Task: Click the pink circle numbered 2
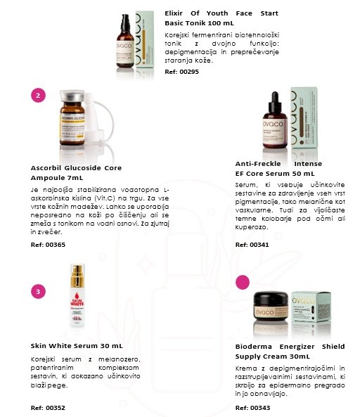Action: click(x=38, y=95)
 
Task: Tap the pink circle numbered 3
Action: click(x=38, y=291)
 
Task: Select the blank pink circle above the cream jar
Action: click(x=243, y=282)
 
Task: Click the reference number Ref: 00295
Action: click(x=181, y=72)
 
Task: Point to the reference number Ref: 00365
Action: click(x=48, y=245)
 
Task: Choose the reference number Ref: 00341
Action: click(x=252, y=245)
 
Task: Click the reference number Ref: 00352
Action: click(x=48, y=408)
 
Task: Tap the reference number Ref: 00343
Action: click(x=252, y=408)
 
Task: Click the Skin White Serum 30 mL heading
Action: click(x=77, y=346)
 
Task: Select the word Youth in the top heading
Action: click(x=217, y=13)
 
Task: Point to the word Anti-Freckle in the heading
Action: click(x=258, y=164)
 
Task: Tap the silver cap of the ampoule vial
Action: click(x=72, y=96)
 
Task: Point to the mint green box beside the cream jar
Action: click(x=311, y=307)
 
